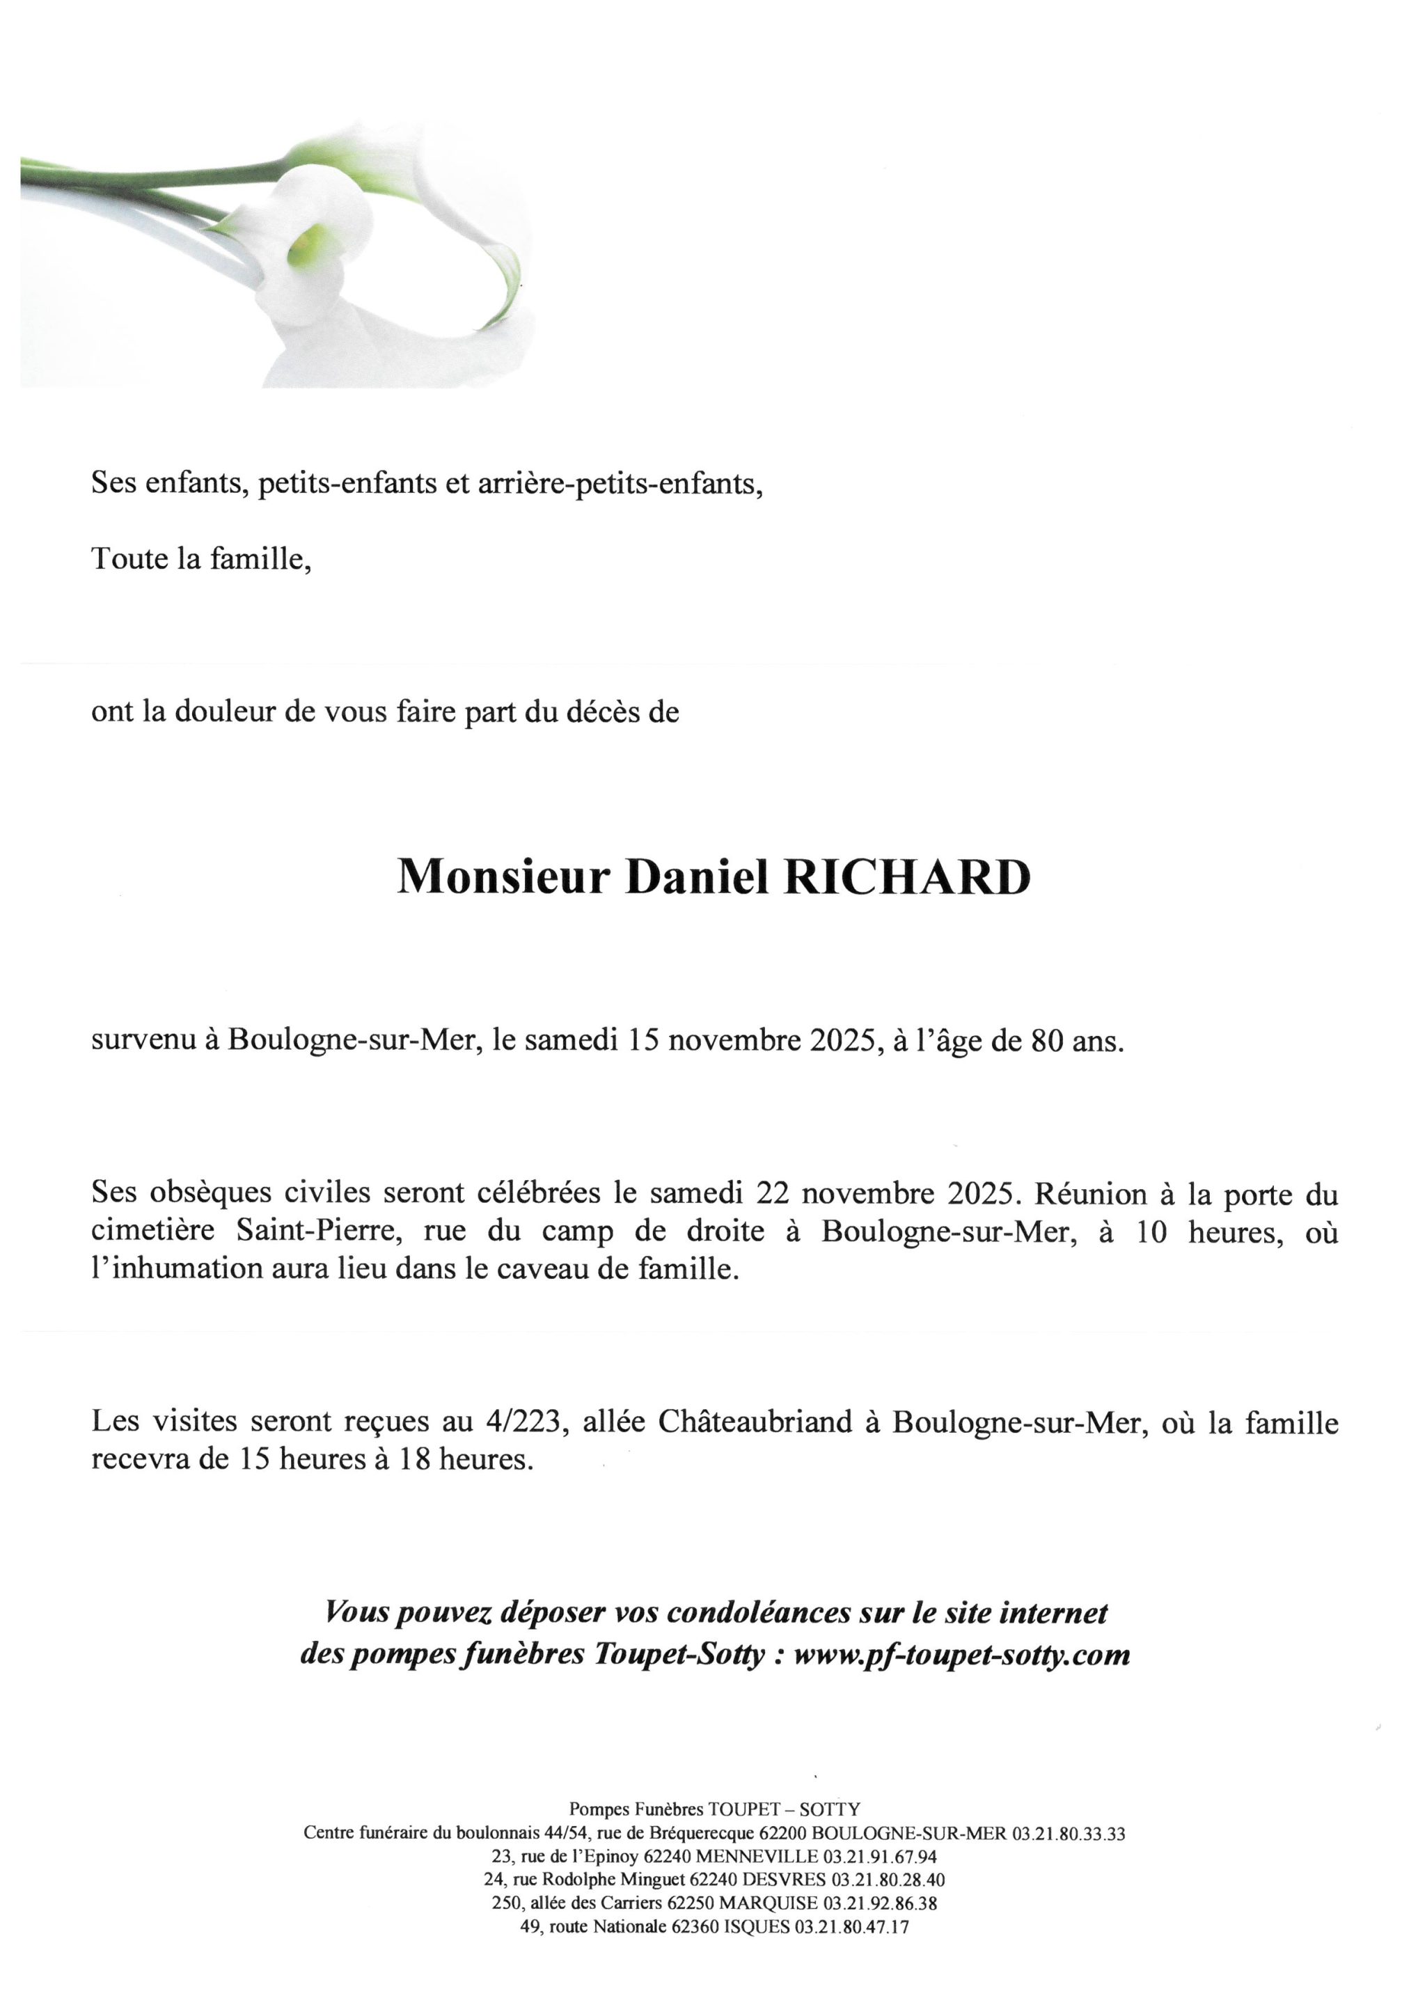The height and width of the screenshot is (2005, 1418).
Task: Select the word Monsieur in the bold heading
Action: click(503, 878)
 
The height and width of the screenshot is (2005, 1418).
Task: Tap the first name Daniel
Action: click(696, 878)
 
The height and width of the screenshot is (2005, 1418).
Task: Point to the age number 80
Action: click(1047, 1041)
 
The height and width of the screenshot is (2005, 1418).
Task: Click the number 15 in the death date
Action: click(643, 1041)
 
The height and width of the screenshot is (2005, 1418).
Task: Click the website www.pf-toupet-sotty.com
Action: click(961, 1655)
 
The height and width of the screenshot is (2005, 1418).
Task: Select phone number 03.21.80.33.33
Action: click(1068, 1834)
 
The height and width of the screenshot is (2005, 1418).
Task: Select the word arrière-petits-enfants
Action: click(620, 483)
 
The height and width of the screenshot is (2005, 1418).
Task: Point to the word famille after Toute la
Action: click(261, 558)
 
